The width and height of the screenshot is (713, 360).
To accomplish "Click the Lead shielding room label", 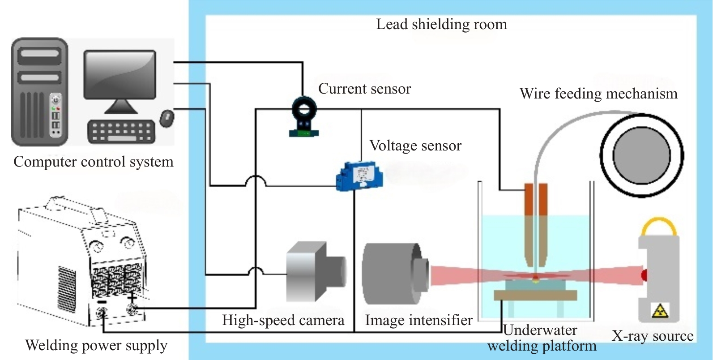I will (x=441, y=24).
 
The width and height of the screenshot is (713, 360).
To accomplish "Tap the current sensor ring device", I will (x=304, y=111).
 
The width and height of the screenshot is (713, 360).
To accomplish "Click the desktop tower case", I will (x=39, y=92).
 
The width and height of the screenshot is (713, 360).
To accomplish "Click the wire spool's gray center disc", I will (x=641, y=155).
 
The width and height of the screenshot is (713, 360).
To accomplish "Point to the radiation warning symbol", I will (x=660, y=310).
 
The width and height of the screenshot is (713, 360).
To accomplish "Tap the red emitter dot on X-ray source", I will (x=645, y=274).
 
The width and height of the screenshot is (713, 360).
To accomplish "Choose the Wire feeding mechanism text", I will (x=598, y=94).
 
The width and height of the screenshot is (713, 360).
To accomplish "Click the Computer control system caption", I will (x=93, y=162).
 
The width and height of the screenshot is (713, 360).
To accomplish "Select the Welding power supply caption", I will (x=96, y=345).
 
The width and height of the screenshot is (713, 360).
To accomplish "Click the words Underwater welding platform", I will (x=542, y=338).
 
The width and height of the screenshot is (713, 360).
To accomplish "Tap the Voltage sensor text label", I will (x=415, y=146).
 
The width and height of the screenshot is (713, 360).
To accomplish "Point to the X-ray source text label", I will (x=652, y=336).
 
